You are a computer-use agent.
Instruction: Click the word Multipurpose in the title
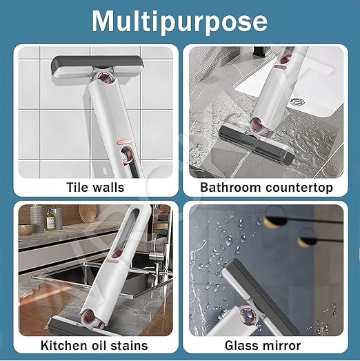pos(180,21)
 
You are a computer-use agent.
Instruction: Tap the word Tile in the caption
pos(78,187)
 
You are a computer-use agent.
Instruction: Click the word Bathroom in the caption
pos(228,187)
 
